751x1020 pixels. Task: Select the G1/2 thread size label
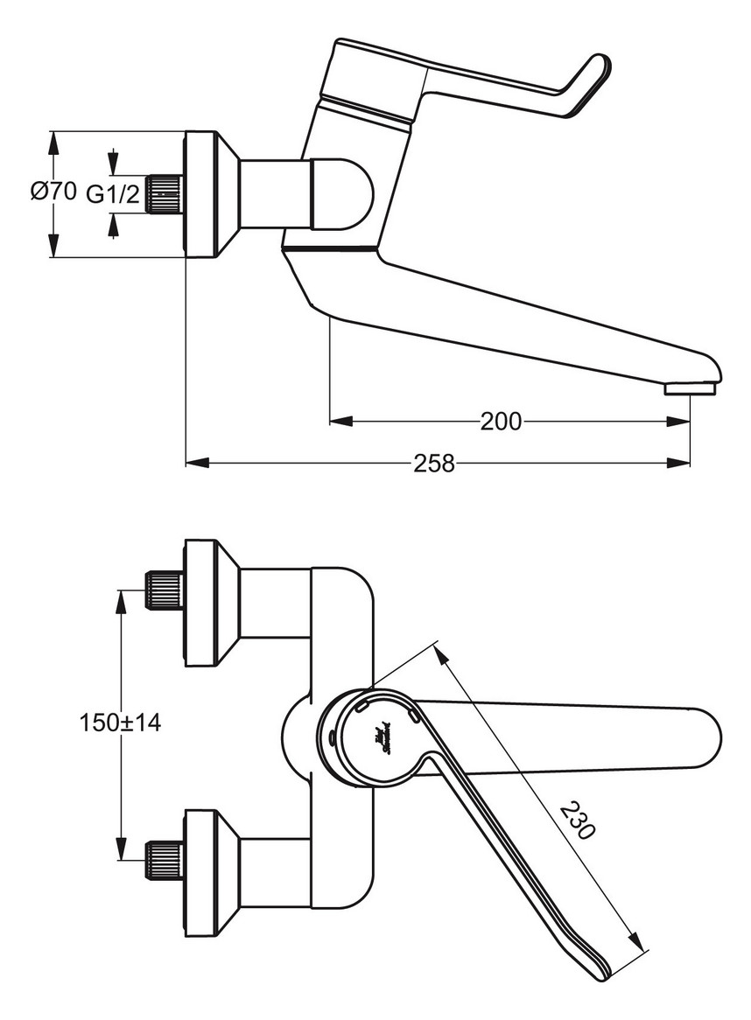(112, 194)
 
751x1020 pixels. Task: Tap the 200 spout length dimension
(501, 422)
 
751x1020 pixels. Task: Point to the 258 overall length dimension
(434, 463)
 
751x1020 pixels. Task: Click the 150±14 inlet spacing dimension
(120, 723)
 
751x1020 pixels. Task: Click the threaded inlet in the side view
(164, 193)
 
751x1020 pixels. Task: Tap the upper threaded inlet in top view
(164, 590)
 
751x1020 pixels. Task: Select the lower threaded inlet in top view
(164, 859)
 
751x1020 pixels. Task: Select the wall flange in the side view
(201, 194)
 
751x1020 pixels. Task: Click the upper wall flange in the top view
(201, 604)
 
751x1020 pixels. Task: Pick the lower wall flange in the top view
(201, 872)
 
